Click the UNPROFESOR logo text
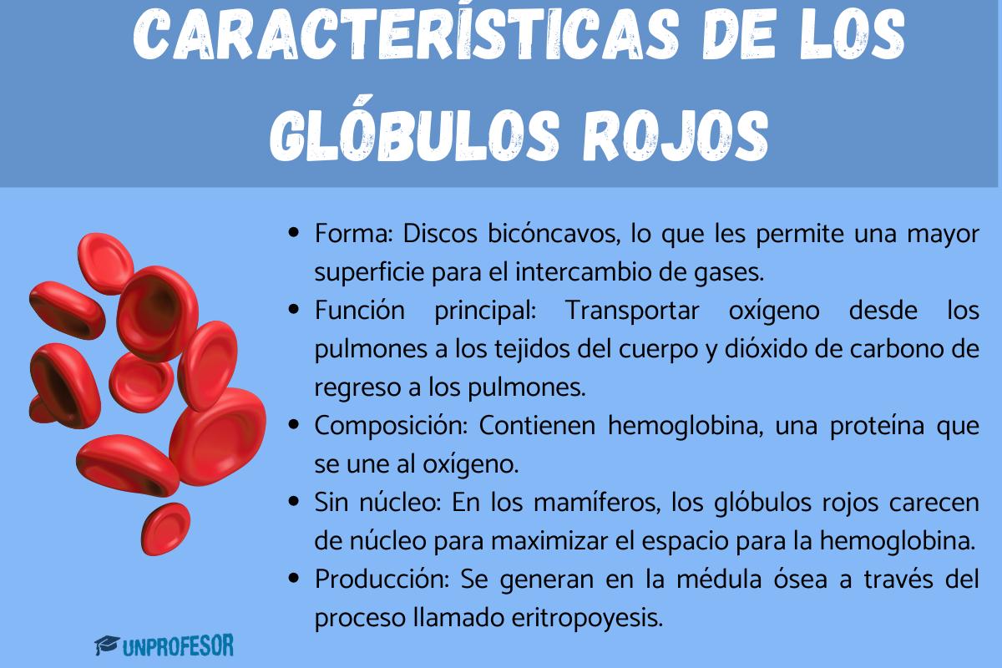point(178,645)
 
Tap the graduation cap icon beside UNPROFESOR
point(106,645)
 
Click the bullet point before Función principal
point(293,310)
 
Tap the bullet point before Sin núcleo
point(293,502)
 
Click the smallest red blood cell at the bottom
point(164,528)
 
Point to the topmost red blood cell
point(104,261)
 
